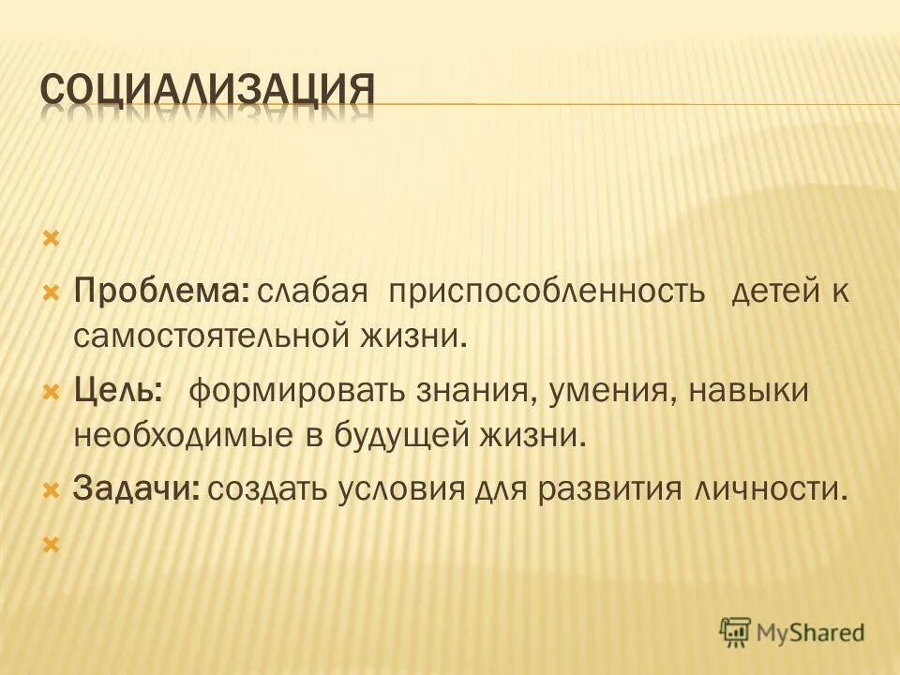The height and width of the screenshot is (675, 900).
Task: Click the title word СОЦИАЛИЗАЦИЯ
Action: point(208,92)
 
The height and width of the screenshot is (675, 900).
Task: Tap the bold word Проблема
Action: point(159,292)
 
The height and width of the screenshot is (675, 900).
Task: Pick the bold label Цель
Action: point(116,390)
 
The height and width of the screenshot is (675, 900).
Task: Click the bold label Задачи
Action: point(136,489)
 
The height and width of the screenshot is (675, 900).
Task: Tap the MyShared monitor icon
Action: point(736,632)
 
